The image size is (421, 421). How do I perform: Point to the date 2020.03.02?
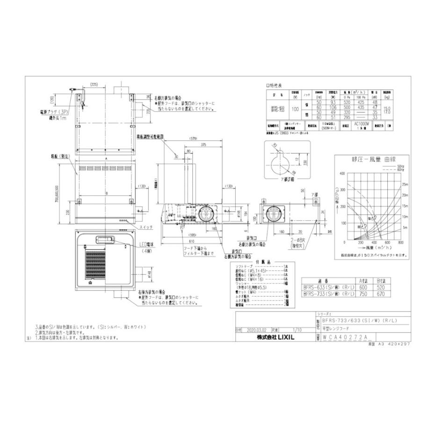click(x=255, y=329)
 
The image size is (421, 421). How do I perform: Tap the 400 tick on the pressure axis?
click(x=343, y=173)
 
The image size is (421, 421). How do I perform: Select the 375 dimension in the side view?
click(x=203, y=145)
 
